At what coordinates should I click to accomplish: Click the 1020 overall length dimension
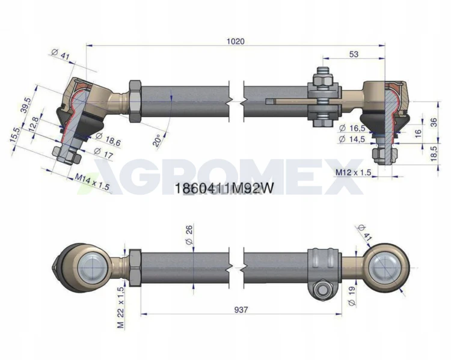tap(235, 41)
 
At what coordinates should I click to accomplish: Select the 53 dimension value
tap(354, 54)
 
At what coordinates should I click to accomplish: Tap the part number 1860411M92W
tap(224, 189)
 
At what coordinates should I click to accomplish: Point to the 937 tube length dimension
tap(241, 310)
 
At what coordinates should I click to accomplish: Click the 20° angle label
tap(157, 140)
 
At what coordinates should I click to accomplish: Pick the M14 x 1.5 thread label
tap(92, 182)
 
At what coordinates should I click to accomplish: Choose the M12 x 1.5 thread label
tap(354, 172)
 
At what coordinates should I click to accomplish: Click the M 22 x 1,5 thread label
tap(121, 308)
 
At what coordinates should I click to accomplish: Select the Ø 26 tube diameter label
tap(189, 234)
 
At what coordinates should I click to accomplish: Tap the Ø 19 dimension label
tap(352, 296)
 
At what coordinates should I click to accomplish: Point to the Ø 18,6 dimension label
tap(108, 139)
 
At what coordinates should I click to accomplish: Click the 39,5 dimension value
tap(26, 105)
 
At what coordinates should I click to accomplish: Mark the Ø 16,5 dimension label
tap(352, 128)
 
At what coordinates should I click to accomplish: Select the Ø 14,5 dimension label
tap(352, 139)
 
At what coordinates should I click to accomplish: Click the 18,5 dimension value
tap(434, 153)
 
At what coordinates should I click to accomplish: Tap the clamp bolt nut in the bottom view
tap(321, 291)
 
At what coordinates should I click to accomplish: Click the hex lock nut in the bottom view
tap(135, 267)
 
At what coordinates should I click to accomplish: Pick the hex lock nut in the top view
tap(135, 101)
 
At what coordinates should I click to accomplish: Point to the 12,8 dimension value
tap(35, 124)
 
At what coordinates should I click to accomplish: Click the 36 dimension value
tap(434, 122)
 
